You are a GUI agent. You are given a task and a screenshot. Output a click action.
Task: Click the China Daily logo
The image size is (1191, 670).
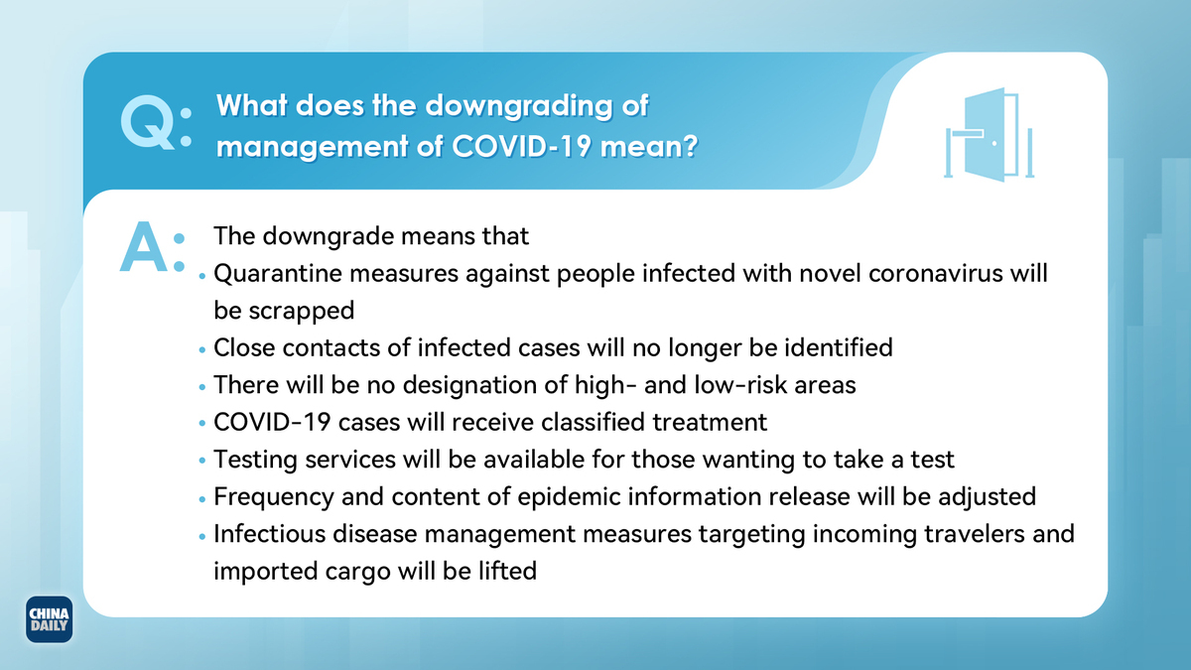(49, 619)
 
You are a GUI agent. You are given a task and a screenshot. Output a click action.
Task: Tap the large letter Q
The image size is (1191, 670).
(147, 123)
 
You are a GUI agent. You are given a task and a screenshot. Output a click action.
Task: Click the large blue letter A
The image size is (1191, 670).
(144, 247)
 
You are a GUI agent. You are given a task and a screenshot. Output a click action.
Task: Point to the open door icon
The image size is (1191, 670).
(989, 135)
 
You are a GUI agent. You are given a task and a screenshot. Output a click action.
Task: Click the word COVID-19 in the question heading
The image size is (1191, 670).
(521, 146)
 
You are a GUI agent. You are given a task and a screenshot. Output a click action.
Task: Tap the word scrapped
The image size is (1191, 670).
(302, 312)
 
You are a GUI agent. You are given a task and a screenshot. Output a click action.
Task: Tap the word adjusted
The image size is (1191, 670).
(987, 497)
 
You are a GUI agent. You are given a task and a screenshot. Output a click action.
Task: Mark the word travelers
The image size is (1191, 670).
(975, 534)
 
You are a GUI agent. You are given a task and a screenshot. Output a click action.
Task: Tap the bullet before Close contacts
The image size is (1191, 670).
(202, 349)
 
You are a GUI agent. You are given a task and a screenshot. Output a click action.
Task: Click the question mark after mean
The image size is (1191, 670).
(691, 146)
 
